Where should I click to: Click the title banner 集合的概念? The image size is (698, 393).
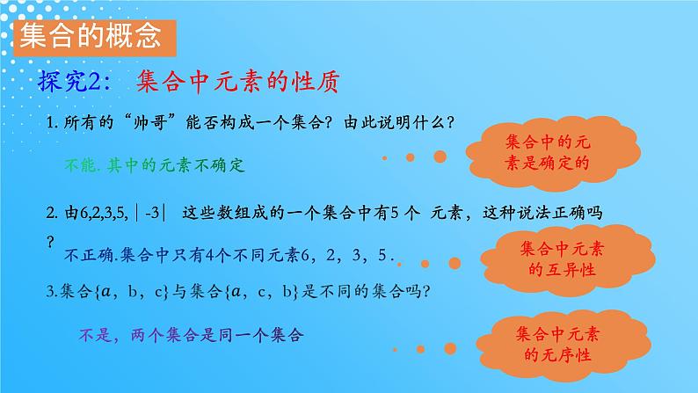pos(88,36)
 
